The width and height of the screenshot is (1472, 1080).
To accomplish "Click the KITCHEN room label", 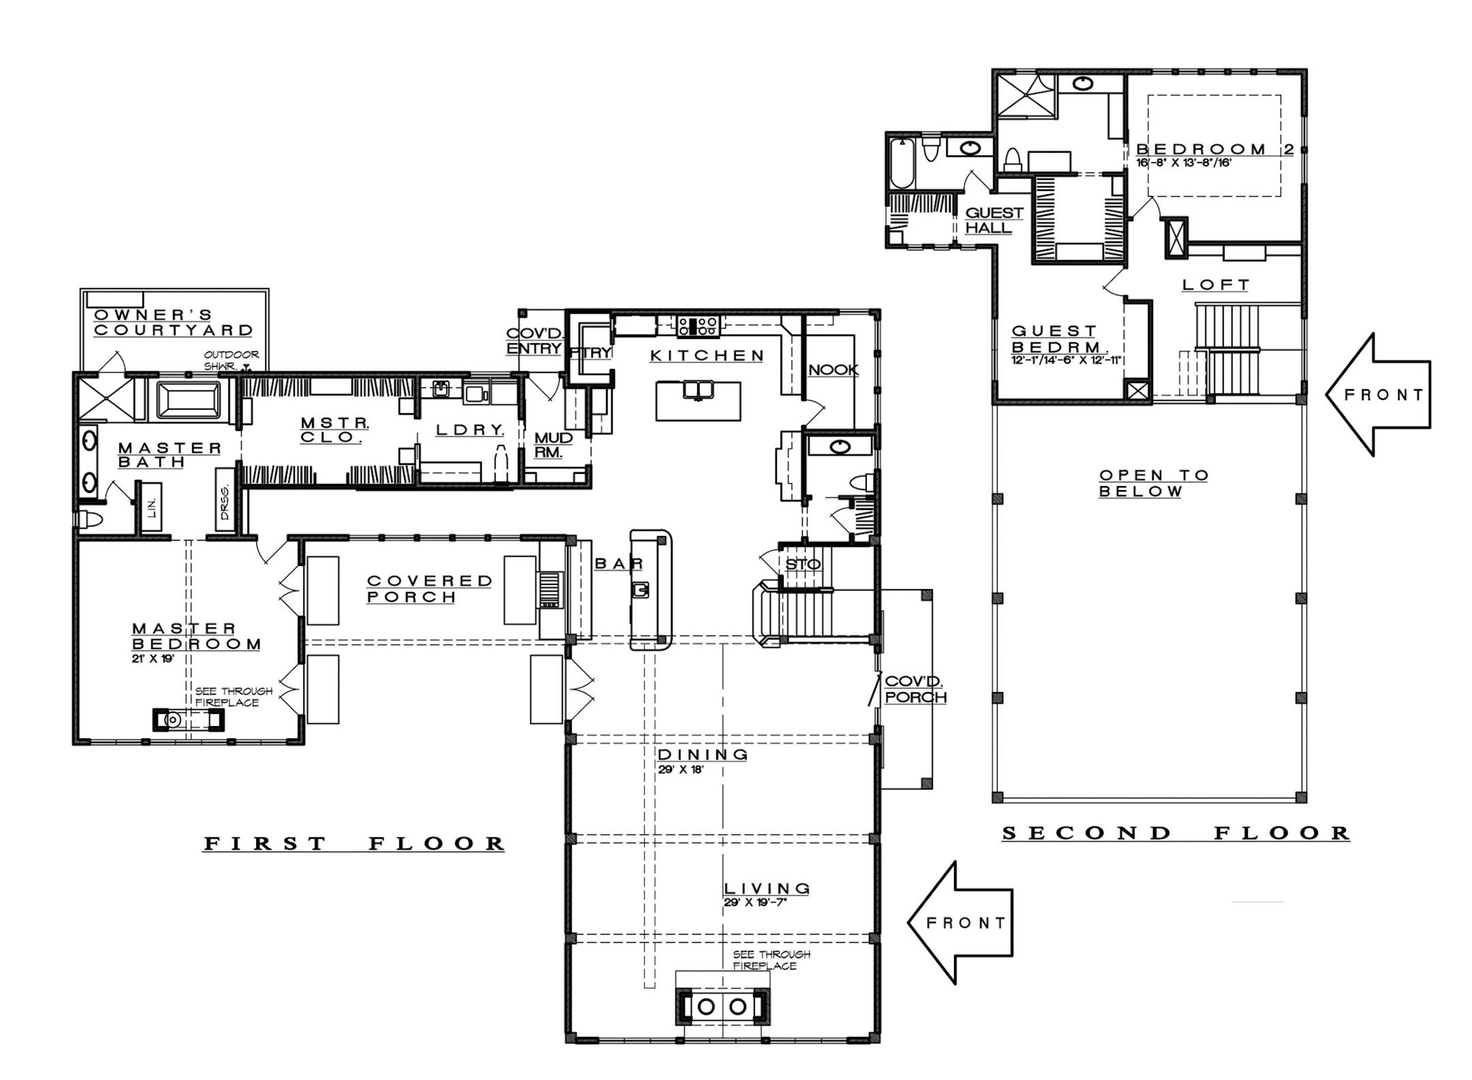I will tap(707, 355).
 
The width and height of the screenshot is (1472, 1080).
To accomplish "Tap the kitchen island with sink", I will tap(699, 400).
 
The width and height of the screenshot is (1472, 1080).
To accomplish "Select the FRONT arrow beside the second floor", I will tap(1380, 395).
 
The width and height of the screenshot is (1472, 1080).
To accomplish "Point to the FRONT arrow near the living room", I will tap(962, 922).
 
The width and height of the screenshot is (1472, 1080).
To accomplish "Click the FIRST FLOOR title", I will tap(354, 843).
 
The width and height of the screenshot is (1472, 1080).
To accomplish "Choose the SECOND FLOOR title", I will tap(1176, 832).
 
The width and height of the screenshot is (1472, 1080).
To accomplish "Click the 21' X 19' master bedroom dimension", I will tap(153, 659).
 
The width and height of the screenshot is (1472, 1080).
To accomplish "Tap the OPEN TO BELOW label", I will tap(1153, 483).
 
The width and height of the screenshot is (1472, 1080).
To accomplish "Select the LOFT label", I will tap(1216, 284).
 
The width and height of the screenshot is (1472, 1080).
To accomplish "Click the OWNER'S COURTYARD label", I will tap(173, 322).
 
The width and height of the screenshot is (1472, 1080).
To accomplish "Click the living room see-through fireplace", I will tap(722, 1006).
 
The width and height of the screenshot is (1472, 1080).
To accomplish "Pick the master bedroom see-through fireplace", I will tap(187, 719).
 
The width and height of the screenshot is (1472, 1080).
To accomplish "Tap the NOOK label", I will tap(833, 370).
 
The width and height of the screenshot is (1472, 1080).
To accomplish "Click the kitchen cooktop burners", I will tap(697, 325).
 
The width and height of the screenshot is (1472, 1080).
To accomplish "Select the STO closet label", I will tap(803, 565).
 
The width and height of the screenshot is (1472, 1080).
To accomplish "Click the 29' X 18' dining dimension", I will tap(680, 769).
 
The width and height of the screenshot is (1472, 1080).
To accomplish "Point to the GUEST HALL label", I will tap(994, 220).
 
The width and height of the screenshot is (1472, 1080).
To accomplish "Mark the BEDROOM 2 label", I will tap(1214, 149).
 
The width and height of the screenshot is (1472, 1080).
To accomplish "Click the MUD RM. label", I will tap(553, 445).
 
